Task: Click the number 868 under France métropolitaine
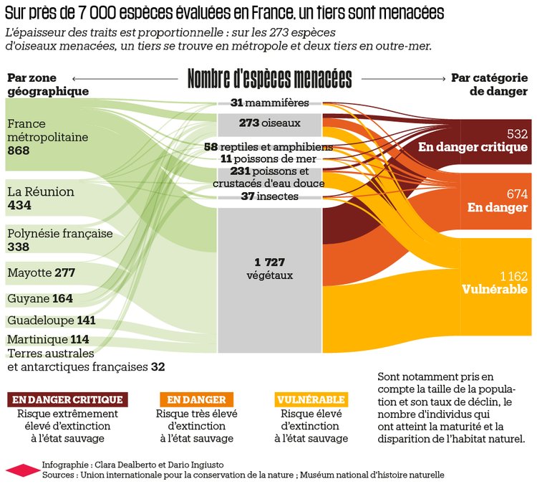pyautogui.click(x=19, y=151)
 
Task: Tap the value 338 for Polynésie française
pyautogui.click(x=19, y=247)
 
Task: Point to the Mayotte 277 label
pyautogui.click(x=41, y=273)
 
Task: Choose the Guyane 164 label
pyautogui.click(x=40, y=298)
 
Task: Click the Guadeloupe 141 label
pyautogui.click(x=52, y=321)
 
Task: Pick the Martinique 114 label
pyautogui.click(x=48, y=339)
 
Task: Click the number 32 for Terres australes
pyautogui.click(x=158, y=367)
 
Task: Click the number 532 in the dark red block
pyautogui.click(x=516, y=134)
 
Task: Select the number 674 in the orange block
pyautogui.click(x=516, y=194)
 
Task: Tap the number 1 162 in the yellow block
pyautogui.click(x=513, y=276)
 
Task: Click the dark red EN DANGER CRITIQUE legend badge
pyautogui.click(x=67, y=399)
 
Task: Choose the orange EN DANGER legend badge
pyautogui.click(x=196, y=399)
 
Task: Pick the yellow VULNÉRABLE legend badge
pyautogui.click(x=311, y=399)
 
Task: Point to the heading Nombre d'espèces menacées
pyautogui.click(x=270, y=78)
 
